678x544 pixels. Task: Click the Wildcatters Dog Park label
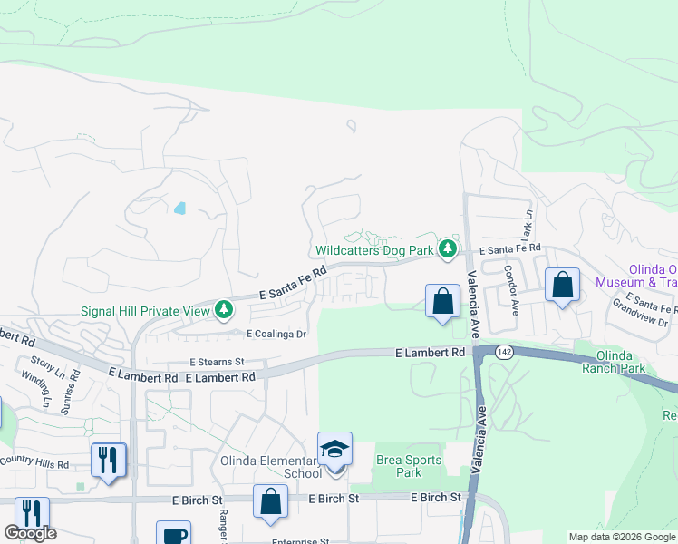click(x=373, y=250)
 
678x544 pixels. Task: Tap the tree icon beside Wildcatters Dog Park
click(x=446, y=248)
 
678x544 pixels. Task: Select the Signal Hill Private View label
click(x=144, y=310)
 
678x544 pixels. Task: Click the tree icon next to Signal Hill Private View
click(x=223, y=311)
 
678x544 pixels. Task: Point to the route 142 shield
click(x=503, y=351)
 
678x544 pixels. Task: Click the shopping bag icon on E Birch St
click(x=270, y=501)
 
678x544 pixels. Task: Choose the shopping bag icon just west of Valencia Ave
click(x=441, y=302)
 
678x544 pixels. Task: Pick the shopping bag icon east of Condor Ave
click(x=562, y=285)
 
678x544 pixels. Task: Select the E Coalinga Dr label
click(x=264, y=334)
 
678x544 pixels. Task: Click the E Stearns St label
click(x=217, y=361)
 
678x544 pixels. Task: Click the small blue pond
click(x=179, y=208)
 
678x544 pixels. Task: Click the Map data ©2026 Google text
click(x=623, y=537)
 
